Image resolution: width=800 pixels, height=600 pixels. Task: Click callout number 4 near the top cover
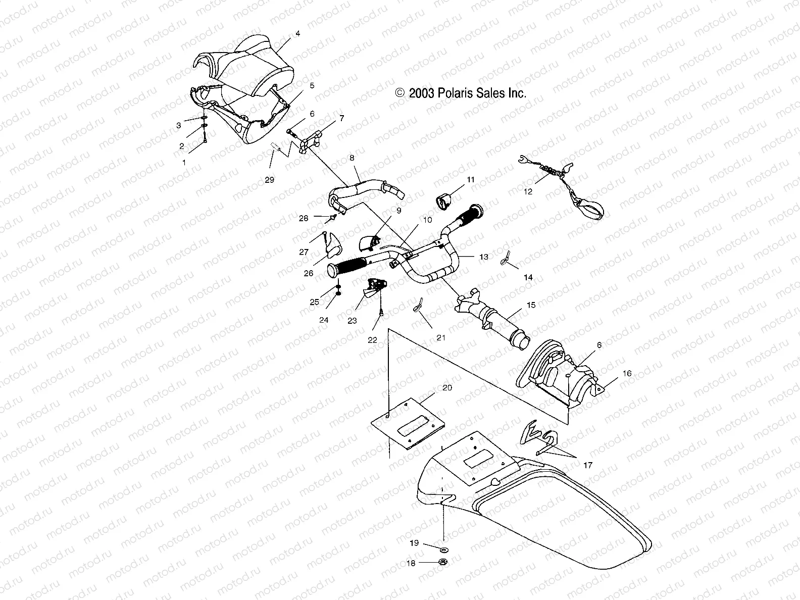(297, 34)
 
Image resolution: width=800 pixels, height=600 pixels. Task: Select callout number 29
(270, 179)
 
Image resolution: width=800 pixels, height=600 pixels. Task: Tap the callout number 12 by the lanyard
(528, 191)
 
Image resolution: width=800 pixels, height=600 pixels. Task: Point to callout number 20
(447, 387)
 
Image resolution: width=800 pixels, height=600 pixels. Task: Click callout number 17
(588, 465)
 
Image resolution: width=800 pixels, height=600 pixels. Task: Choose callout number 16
(627, 373)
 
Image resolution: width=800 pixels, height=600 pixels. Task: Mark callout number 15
(531, 305)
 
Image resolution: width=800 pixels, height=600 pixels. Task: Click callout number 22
(372, 340)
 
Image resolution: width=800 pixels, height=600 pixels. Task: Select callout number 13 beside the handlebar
(484, 257)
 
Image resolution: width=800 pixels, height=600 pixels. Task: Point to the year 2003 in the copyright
(419, 93)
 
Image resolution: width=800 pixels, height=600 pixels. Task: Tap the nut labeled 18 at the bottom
(443, 563)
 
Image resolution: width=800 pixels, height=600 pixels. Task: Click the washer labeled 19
(444, 549)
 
